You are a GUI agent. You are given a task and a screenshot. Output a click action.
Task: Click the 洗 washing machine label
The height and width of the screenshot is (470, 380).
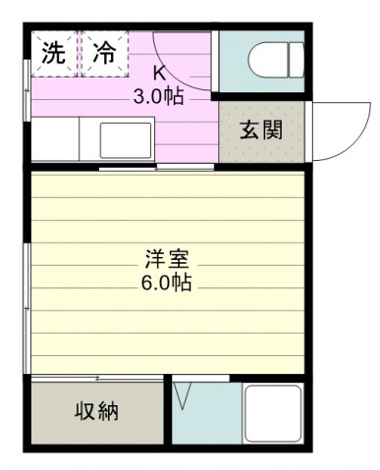[54, 53]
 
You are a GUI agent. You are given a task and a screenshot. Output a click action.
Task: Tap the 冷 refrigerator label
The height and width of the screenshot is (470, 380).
[104, 53]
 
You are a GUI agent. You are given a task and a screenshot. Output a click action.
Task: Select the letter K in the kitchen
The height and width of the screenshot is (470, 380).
[160, 74]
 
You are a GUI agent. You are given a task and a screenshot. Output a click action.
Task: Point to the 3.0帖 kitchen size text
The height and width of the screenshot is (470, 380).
[158, 96]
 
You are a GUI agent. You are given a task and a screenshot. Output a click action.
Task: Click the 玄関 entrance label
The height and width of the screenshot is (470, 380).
[261, 131]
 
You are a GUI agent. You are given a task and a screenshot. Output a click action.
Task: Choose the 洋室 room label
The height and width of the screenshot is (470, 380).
[167, 259]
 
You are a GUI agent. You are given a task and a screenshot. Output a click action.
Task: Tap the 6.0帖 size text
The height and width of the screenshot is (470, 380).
[166, 283]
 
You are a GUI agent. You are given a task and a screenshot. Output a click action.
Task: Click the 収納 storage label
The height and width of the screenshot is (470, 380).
[97, 411]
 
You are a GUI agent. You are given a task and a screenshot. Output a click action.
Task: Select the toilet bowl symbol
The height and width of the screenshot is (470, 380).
[268, 61]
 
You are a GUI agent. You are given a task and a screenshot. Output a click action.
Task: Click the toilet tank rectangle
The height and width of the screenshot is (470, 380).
[297, 61]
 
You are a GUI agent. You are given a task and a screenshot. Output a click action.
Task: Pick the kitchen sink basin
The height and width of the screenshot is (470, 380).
[127, 140]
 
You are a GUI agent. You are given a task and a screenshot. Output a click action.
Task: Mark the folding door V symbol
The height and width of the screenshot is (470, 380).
[183, 395]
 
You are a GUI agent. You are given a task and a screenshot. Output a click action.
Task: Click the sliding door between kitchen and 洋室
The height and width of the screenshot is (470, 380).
[156, 168]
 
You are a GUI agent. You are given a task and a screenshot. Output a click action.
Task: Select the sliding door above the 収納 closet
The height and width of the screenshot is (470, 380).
[97, 379]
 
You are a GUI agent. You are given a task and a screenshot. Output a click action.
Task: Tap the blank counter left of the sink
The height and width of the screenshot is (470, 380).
[55, 139]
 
